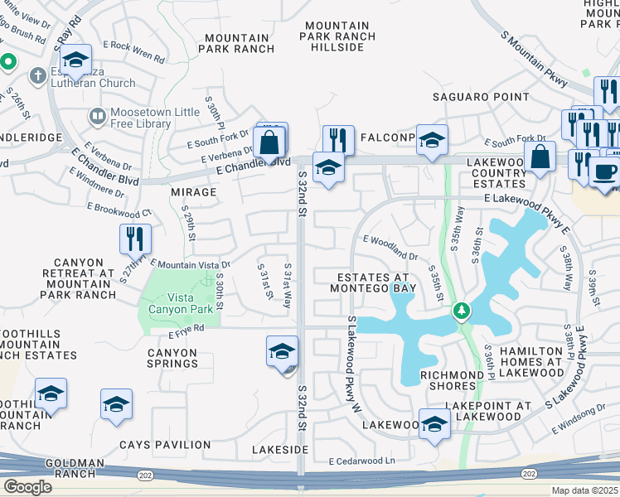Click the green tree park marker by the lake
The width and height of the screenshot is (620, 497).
pyautogui.click(x=462, y=311)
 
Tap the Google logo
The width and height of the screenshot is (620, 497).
pyautogui.click(x=27, y=486)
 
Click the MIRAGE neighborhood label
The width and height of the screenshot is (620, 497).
pyautogui.click(x=193, y=191)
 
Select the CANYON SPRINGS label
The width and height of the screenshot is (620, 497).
pyautogui.click(x=172, y=358)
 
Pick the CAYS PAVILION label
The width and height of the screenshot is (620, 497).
pyautogui.click(x=165, y=445)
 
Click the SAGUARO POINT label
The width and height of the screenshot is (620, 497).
pyautogui.click(x=481, y=97)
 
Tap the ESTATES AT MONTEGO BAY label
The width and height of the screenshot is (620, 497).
pyautogui.click(x=372, y=282)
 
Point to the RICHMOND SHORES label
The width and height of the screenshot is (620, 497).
pyautogui.click(x=452, y=381)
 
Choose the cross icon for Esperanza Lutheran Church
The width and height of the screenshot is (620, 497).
pyautogui.click(x=36, y=75)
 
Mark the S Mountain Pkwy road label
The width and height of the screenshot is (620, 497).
pyautogui.click(x=535, y=60)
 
